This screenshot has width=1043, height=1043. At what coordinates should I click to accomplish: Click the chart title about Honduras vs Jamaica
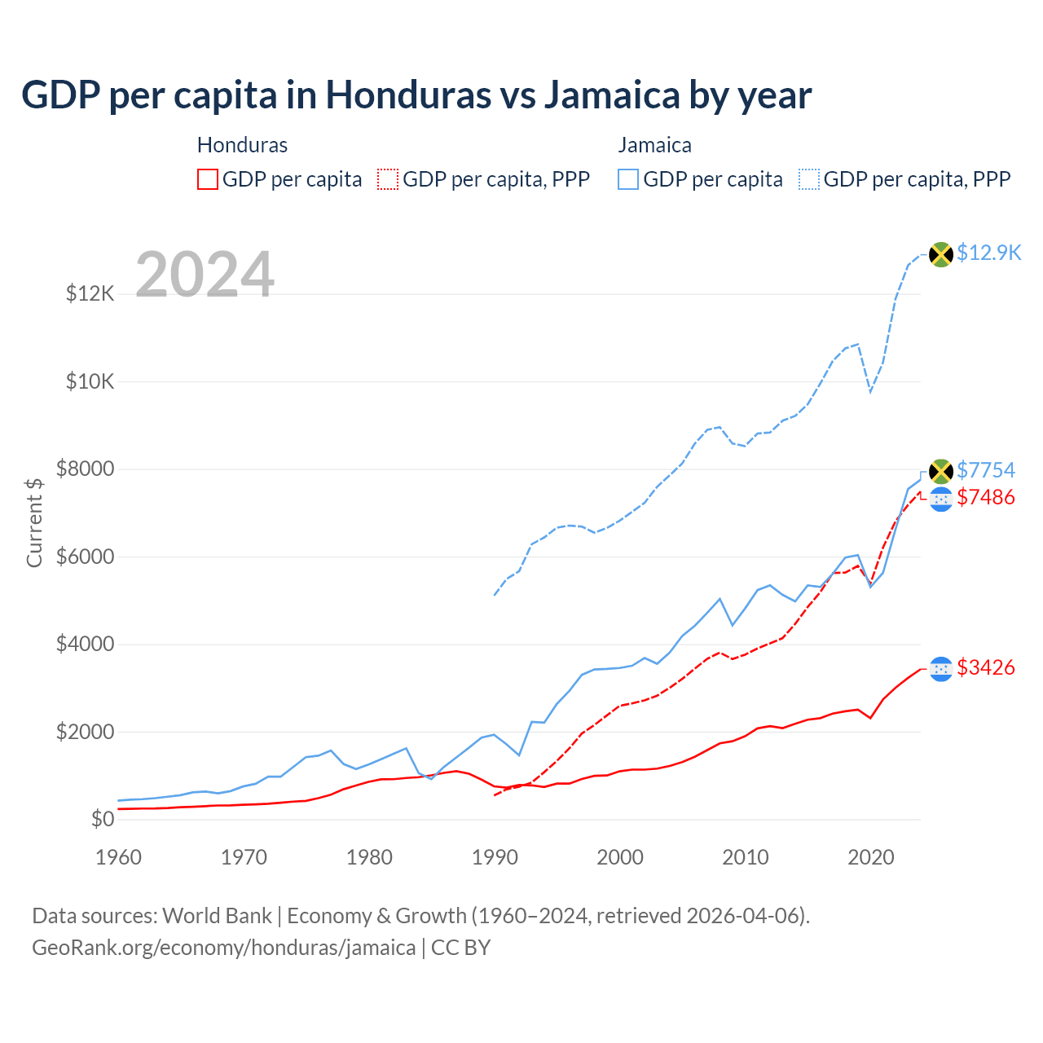[416, 95]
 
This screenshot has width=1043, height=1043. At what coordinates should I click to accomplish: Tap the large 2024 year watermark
[205, 275]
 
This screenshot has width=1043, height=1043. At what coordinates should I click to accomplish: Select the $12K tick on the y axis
[90, 293]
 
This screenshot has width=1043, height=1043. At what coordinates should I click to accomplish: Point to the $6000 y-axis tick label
[86, 557]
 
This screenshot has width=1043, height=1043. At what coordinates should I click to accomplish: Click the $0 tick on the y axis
[103, 819]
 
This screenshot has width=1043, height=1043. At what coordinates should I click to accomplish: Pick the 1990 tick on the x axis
[495, 857]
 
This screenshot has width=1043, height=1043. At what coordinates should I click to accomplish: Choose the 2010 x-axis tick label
[746, 857]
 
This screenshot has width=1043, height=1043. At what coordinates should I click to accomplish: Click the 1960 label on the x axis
[119, 857]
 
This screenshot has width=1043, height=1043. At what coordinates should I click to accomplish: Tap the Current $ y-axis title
[34, 522]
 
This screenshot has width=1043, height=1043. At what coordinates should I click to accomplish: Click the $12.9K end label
[988, 253]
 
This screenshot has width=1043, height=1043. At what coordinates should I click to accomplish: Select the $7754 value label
[986, 470]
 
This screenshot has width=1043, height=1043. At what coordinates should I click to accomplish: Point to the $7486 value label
[986, 497]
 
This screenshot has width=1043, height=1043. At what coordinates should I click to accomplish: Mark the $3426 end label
[986, 667]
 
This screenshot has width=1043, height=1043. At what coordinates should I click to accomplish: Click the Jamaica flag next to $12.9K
[941, 254]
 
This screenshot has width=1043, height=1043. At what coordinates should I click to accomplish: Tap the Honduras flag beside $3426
[941, 669]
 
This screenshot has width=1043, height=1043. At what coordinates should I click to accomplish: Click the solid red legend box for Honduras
[208, 179]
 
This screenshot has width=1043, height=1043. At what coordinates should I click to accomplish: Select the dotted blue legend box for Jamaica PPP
[809, 179]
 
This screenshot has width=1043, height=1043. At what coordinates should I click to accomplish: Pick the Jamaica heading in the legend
[654, 145]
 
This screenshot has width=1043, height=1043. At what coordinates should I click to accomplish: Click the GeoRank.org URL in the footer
[224, 948]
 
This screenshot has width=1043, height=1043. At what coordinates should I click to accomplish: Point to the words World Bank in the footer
[217, 916]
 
